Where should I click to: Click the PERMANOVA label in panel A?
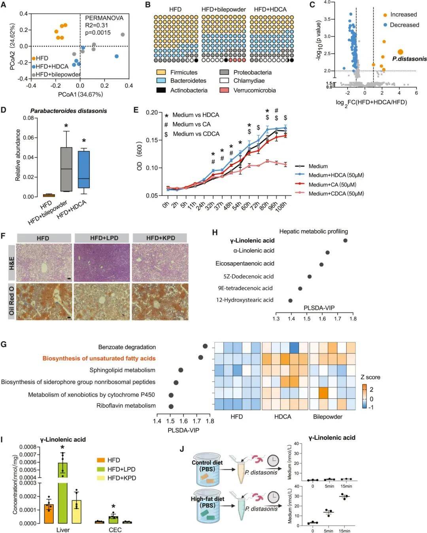(104, 18)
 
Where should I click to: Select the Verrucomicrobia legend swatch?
(224, 90)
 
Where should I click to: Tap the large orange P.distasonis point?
(400, 52)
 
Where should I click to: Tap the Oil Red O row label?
(11, 301)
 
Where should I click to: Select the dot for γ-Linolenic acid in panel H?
(346, 240)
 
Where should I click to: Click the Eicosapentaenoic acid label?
(245, 263)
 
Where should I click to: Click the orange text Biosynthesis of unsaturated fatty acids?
(99, 358)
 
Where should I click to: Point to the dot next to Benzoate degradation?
(205, 346)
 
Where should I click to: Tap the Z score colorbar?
(364, 396)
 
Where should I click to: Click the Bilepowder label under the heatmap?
(328, 417)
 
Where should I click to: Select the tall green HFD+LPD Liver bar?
(63, 494)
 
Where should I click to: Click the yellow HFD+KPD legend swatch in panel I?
(101, 478)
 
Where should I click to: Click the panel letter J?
(181, 449)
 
